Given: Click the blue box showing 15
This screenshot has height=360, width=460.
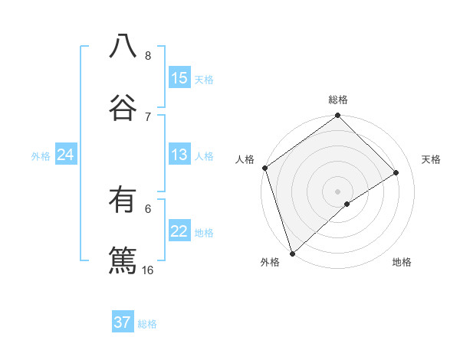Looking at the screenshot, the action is (179, 78).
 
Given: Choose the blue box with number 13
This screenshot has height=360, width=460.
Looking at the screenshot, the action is (179, 155).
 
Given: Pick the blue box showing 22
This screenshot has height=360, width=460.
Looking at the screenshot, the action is (179, 231).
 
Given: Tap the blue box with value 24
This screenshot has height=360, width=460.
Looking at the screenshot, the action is (66, 155).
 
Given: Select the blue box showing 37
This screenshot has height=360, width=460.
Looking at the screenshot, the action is (123, 322).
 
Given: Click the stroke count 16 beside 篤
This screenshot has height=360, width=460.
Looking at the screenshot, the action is (148, 270).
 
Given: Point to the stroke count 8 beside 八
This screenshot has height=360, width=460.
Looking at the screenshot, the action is (148, 56).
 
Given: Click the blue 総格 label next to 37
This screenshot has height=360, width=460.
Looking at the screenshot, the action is (147, 324).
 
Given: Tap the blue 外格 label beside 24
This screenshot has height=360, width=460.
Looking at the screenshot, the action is (41, 156).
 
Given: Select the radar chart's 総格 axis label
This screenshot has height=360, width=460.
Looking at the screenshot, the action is (338, 100).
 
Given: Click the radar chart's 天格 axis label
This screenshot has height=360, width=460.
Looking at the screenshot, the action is (432, 159).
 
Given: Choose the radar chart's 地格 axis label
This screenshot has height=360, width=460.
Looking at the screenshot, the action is (402, 263).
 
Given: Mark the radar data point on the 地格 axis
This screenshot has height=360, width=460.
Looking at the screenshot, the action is (347, 204).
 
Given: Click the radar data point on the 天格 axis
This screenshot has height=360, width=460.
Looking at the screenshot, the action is (396, 172).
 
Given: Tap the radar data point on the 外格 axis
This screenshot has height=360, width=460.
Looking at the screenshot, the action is (291, 253).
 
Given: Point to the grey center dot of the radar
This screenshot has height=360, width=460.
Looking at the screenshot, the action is (338, 191).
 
